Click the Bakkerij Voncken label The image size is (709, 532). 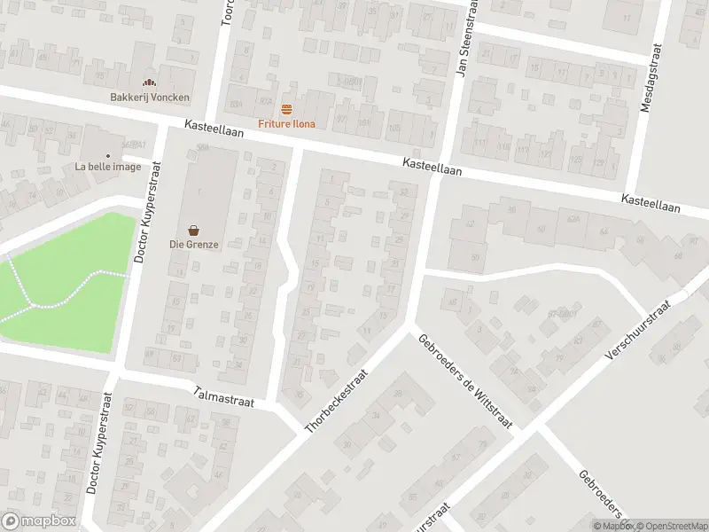tap(150, 97)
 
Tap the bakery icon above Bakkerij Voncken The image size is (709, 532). tap(149, 83)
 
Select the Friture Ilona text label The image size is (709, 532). tap(286, 123)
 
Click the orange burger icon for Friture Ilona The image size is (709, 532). tap(286, 110)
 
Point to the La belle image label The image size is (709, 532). tap(107, 167)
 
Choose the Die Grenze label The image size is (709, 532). tap(192, 244)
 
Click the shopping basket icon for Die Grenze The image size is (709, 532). tap(192, 230)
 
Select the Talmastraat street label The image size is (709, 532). tap(224, 397)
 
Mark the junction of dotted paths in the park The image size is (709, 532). tap(33, 305)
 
